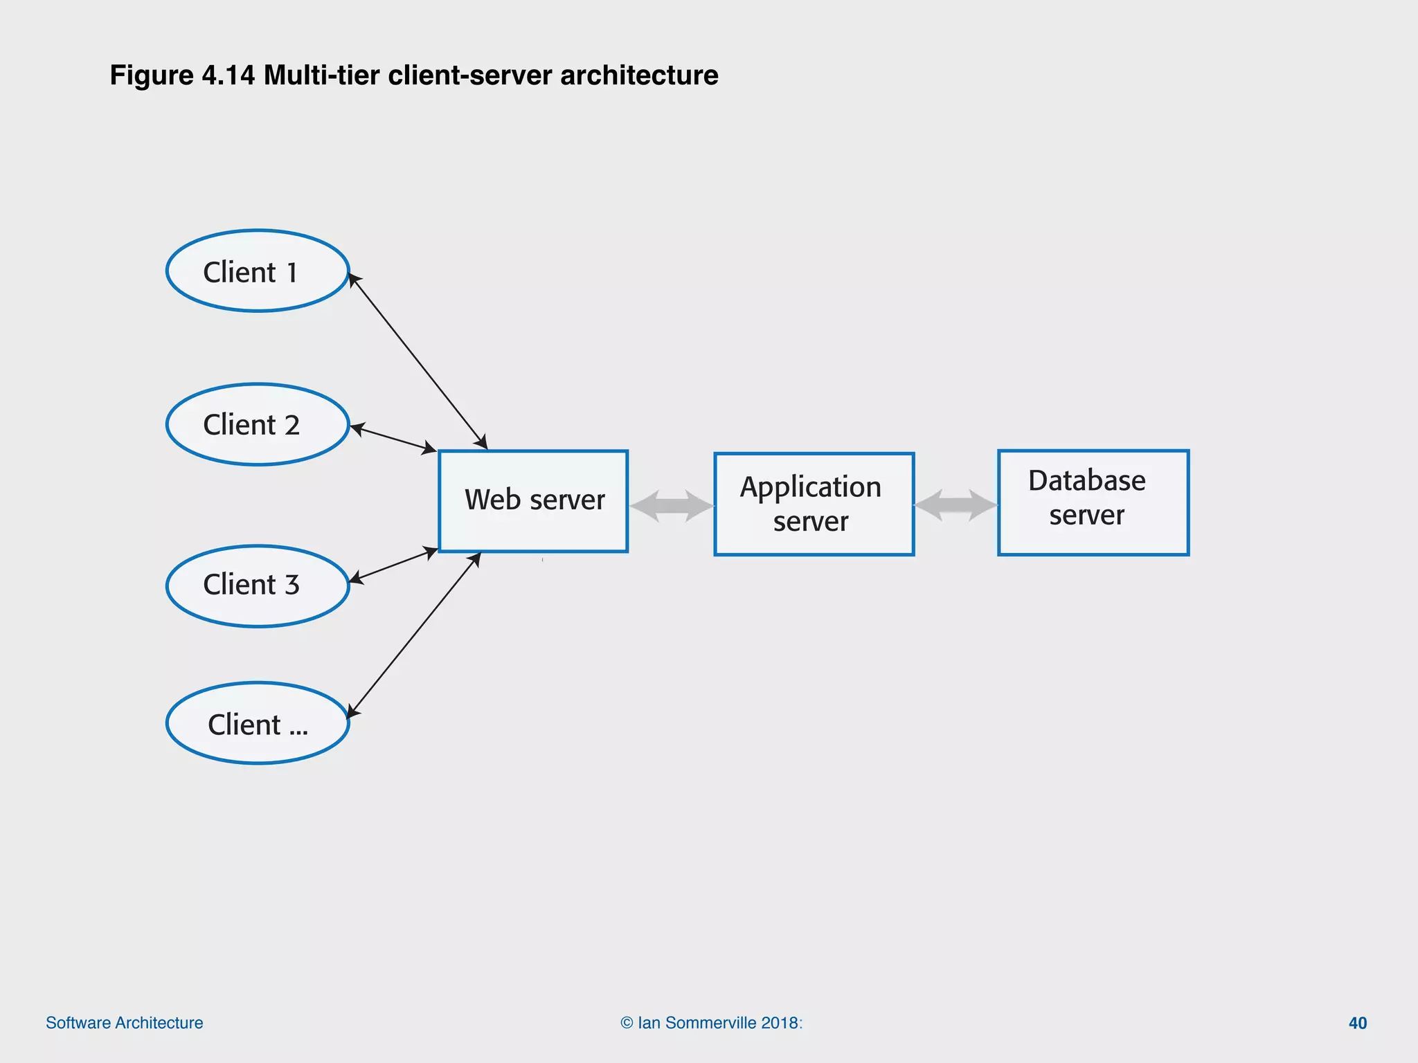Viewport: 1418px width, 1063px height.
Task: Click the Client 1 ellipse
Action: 258,271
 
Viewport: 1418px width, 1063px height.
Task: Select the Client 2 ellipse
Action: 258,424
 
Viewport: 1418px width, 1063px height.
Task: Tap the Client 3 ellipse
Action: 258,585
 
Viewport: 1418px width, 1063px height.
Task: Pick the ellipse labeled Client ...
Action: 258,723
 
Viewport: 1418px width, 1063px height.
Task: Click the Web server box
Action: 533,501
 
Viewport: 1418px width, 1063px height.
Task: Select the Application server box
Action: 814,504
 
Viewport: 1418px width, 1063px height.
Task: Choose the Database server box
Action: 1093,502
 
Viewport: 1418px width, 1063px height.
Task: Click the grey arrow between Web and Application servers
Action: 671,505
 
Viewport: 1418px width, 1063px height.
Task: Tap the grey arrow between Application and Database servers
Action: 955,505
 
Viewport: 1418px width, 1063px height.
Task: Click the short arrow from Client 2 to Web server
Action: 393,439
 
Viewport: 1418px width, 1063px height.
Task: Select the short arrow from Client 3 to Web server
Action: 393,564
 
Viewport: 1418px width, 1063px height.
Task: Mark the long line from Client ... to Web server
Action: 414,635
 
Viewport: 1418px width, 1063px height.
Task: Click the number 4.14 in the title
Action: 228,75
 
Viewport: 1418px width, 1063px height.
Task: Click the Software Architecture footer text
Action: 125,1023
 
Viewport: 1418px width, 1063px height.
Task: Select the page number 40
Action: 1357,1023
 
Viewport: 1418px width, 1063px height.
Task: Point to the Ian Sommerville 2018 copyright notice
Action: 711,1023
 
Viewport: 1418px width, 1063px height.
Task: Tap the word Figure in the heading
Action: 152,75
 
